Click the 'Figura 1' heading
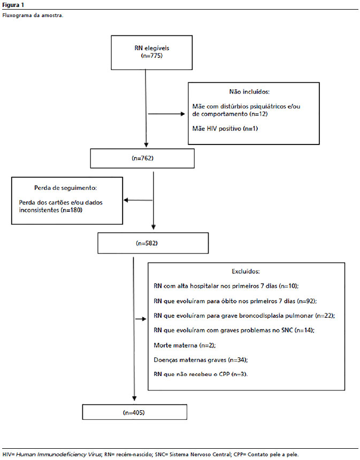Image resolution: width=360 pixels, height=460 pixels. (13, 5)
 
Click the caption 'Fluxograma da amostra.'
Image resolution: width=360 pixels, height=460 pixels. (33, 16)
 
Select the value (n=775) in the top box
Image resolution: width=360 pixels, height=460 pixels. (152, 56)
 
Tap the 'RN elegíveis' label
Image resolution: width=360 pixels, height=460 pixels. (152, 48)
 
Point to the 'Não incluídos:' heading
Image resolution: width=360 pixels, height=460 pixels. (249, 92)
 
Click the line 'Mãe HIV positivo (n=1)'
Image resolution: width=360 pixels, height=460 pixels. (225, 128)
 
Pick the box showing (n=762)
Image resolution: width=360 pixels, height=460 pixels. (142, 158)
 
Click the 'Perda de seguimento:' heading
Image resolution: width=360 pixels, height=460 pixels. (65, 188)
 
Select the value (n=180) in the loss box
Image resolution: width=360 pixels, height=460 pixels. (71, 210)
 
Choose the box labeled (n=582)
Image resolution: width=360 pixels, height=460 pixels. (153, 243)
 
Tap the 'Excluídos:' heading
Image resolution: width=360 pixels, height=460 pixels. (246, 271)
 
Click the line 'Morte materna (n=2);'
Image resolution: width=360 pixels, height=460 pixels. (185, 346)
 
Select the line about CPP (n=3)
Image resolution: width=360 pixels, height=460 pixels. (201, 374)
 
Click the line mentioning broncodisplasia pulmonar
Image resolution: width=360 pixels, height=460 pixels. (244, 316)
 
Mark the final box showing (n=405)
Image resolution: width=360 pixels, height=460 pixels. (134, 412)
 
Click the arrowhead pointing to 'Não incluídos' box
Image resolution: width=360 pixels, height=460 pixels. (183, 114)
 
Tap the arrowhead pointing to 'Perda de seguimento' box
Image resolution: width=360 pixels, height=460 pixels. (126, 201)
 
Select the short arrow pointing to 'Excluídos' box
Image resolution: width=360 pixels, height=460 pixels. (141, 319)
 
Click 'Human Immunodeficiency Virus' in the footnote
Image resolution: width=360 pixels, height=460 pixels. (58, 455)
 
